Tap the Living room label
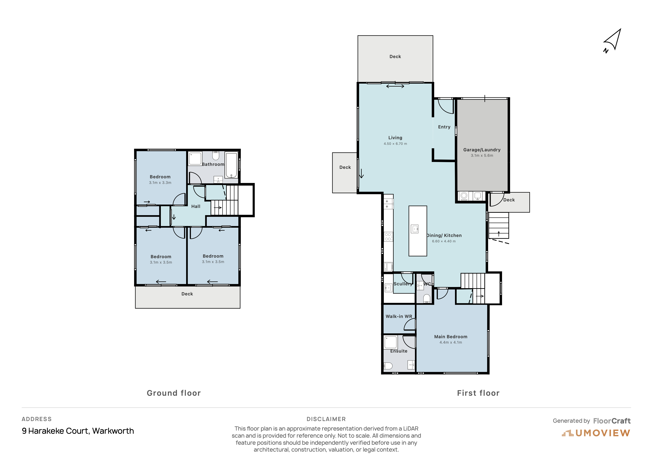coord(395,138)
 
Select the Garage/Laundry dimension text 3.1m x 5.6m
coord(482,155)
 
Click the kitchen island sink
coord(415,229)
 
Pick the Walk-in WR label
coord(399,316)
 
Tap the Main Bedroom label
coord(451,337)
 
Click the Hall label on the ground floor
coord(196,206)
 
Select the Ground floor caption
coord(174,393)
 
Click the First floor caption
coord(478,393)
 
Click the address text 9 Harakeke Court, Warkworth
coord(78,431)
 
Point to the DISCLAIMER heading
coord(326,419)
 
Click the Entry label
coord(444,127)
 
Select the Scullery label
coord(403,284)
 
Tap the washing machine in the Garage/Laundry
coord(464,196)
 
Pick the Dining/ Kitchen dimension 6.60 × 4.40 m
coord(444,241)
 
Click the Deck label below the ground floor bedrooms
coord(187,294)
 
